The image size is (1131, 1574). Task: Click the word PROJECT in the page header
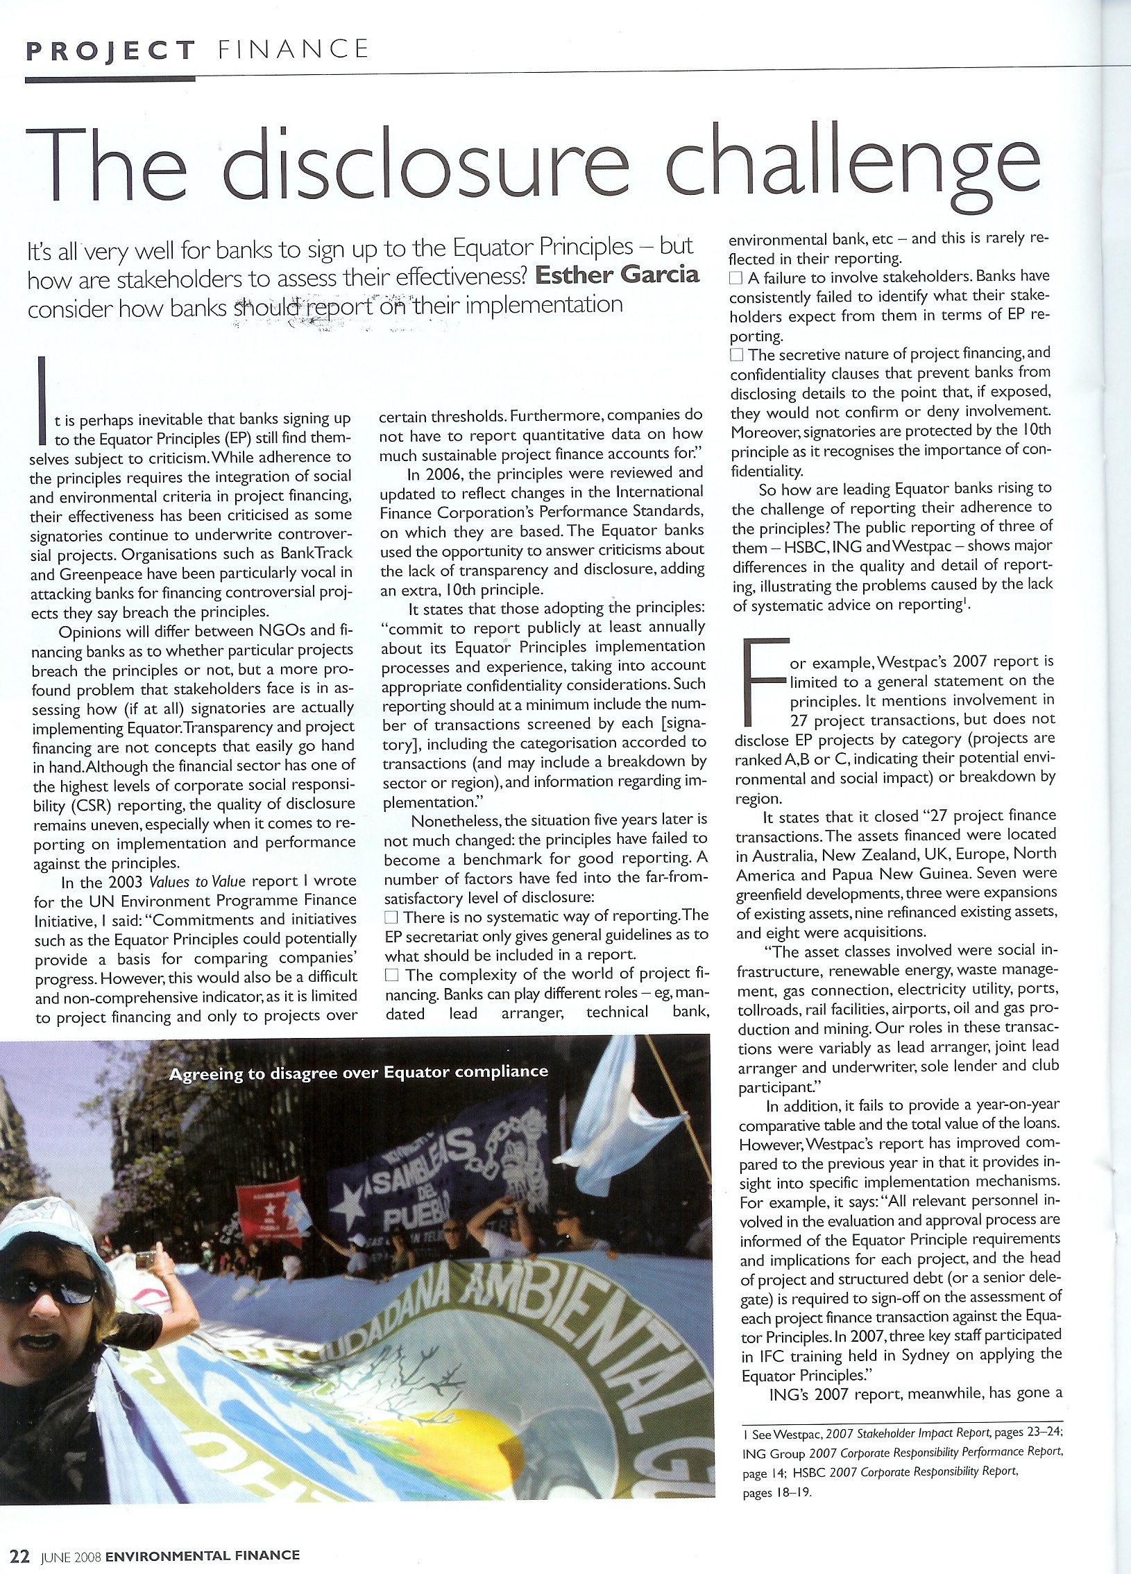110,51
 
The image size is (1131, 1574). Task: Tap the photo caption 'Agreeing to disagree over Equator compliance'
359,1073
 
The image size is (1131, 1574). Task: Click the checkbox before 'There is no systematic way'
391,917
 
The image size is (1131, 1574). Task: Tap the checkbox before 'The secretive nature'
736,354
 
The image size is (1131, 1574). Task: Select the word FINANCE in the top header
293,49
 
